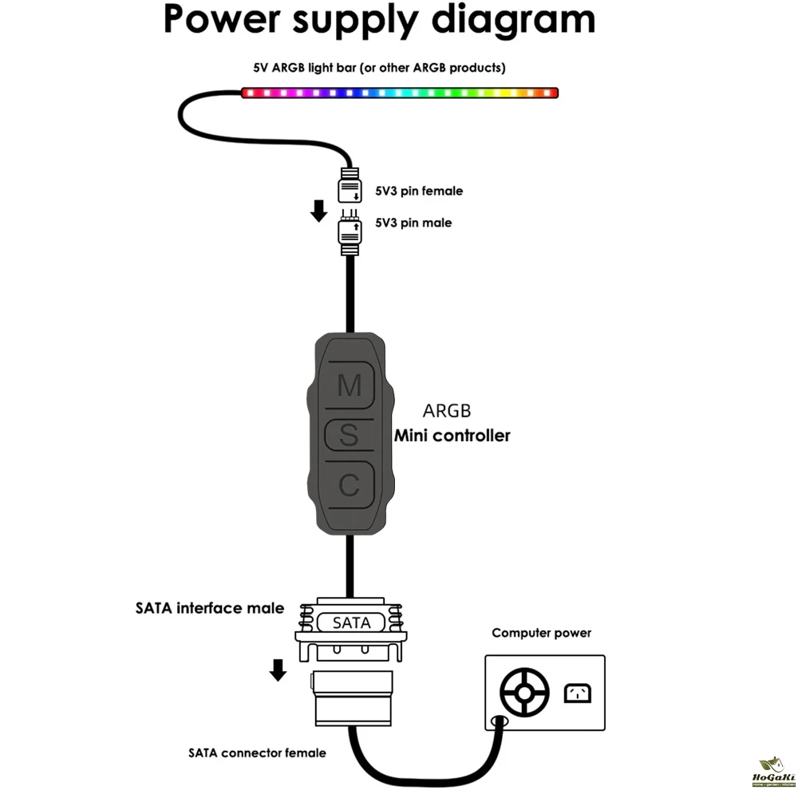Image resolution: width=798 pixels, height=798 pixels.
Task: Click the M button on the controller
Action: [350, 386]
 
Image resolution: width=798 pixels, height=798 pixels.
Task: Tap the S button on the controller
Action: [350, 436]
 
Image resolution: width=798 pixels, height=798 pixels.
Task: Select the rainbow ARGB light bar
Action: [399, 93]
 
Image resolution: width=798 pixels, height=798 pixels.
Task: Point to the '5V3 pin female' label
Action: [419, 191]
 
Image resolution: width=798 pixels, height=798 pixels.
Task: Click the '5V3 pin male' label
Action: [413, 223]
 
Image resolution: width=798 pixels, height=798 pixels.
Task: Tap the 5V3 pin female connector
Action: [350, 188]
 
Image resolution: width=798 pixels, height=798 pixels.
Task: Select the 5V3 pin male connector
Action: [350, 233]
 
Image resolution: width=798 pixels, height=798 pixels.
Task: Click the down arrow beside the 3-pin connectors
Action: [318, 211]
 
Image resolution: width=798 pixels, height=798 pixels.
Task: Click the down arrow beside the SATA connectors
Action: [278, 670]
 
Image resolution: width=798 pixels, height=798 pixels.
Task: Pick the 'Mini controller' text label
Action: [452, 436]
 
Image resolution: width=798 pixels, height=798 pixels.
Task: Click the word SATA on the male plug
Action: [352, 622]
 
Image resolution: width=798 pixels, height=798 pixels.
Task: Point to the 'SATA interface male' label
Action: [210, 608]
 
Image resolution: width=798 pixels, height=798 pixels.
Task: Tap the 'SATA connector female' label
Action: [257, 753]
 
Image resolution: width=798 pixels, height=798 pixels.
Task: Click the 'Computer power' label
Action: [541, 633]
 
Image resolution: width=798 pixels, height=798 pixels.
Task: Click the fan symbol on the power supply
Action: [524, 692]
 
